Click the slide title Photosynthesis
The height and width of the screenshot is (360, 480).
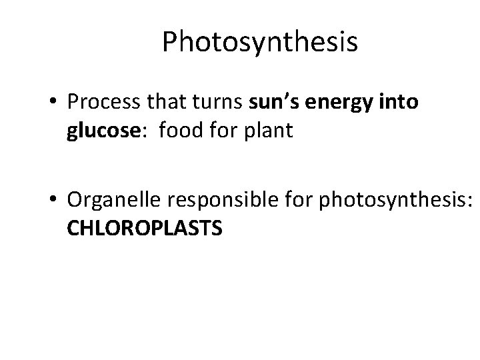pos(260,43)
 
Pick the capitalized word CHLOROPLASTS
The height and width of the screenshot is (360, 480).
pos(145,229)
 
